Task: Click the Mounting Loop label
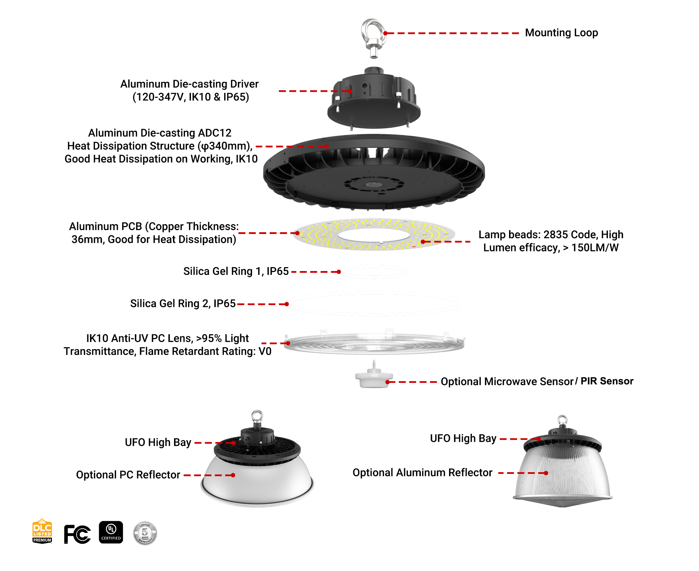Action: (x=561, y=33)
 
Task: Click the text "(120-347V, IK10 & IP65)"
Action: (x=191, y=97)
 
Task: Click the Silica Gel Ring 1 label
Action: (x=236, y=271)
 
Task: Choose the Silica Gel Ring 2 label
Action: (x=183, y=303)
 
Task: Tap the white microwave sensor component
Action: (x=374, y=378)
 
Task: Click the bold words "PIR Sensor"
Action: (x=607, y=381)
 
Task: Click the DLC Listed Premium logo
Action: (x=42, y=531)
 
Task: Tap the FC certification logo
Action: (x=77, y=534)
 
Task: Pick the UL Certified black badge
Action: (x=111, y=532)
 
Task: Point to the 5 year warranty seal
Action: (x=145, y=533)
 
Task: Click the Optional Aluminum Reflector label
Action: (x=422, y=473)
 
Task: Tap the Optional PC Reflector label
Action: (x=128, y=475)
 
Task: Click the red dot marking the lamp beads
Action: (x=423, y=242)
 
